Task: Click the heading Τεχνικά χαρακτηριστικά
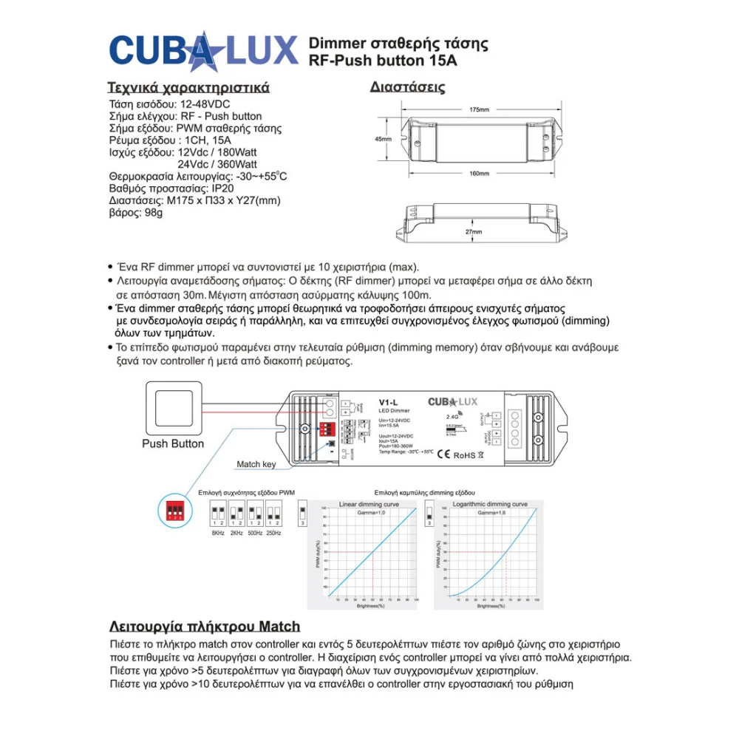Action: tap(188, 87)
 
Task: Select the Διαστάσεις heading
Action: tap(407, 87)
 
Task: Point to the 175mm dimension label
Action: tap(480, 110)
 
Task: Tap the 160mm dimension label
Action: tap(480, 174)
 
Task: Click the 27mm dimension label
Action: tap(474, 232)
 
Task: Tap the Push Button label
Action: tap(173, 444)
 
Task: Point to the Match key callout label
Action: tap(256, 465)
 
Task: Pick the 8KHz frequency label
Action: tap(218, 533)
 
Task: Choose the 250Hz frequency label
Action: tap(273, 533)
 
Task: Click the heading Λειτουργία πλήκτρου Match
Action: tap(205, 627)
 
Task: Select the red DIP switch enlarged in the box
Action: tap(176, 511)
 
